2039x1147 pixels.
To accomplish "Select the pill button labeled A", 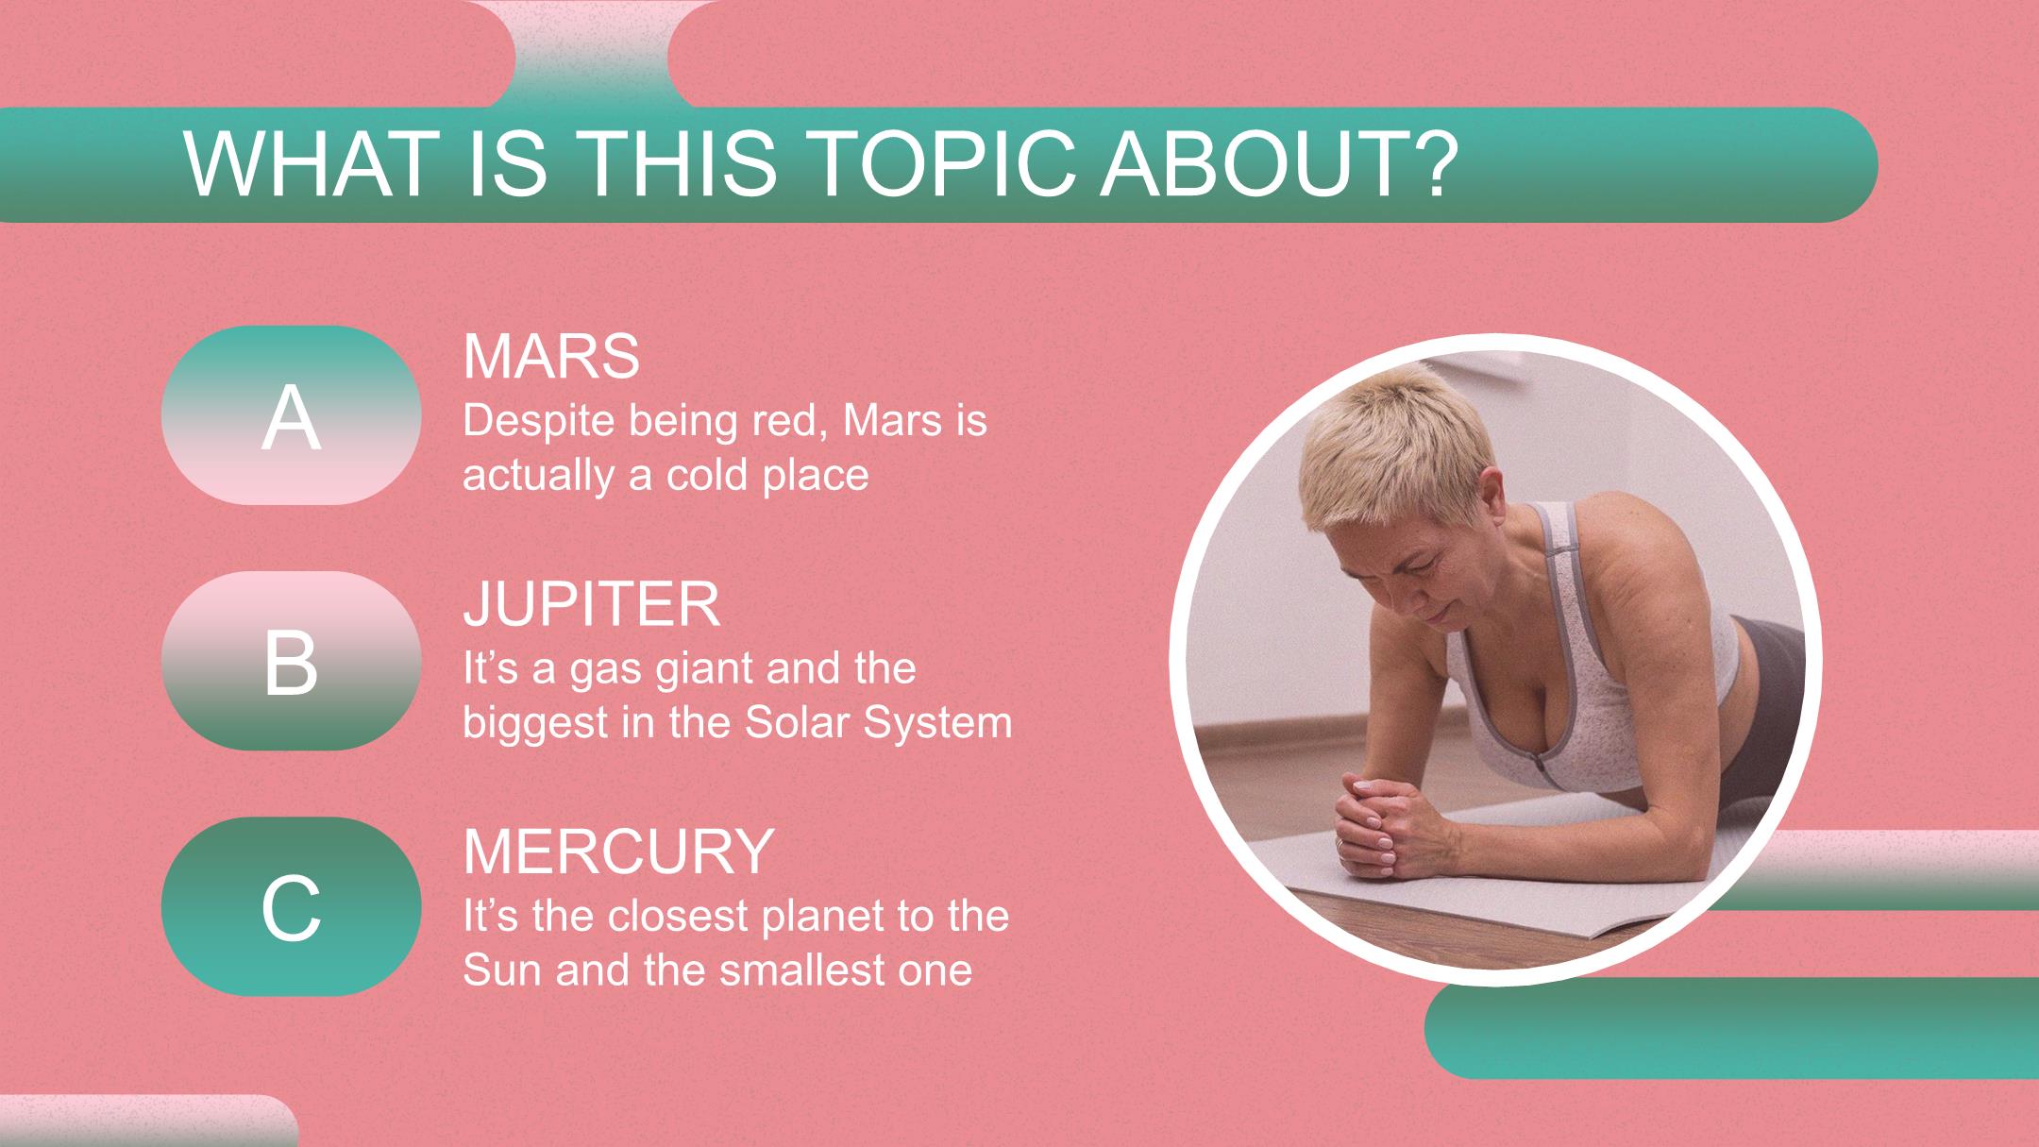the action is (x=291, y=415).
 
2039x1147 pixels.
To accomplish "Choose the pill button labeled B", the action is (x=291, y=661).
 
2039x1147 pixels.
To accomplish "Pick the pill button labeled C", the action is (x=291, y=906).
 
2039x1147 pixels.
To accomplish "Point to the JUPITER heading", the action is (x=592, y=604).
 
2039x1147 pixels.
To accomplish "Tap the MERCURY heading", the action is (x=618, y=851).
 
